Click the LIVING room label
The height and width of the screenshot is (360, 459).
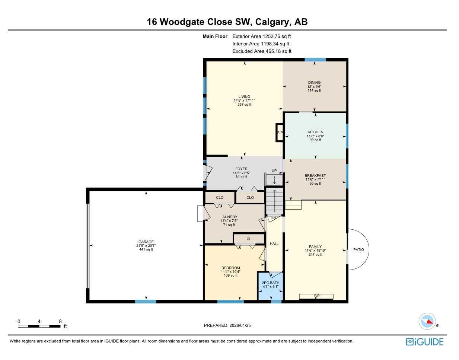[244, 97]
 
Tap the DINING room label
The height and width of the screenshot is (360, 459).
[314, 83]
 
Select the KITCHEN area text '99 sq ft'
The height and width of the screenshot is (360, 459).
[315, 140]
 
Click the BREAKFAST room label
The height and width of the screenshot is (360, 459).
[315, 176]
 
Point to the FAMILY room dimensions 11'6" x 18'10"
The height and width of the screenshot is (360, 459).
[315, 251]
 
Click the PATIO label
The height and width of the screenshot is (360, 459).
[358, 250]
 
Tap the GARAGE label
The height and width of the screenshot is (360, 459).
[146, 242]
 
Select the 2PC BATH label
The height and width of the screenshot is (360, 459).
[271, 283]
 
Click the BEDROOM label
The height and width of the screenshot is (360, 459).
[230, 268]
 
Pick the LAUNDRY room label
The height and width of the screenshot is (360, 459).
[229, 217]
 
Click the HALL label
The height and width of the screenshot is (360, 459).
[274, 244]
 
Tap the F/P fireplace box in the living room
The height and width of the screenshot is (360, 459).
[280, 133]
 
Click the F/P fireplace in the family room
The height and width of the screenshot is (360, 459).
[316, 296]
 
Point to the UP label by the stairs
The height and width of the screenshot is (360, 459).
[274, 171]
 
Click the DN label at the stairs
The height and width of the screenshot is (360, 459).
[273, 218]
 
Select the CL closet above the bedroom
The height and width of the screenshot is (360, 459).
[249, 239]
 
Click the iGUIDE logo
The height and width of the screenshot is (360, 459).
[424, 342]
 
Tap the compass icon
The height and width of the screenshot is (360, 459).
[427, 321]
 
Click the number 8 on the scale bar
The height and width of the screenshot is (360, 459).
[60, 321]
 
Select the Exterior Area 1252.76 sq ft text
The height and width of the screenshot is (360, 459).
[261, 36]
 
